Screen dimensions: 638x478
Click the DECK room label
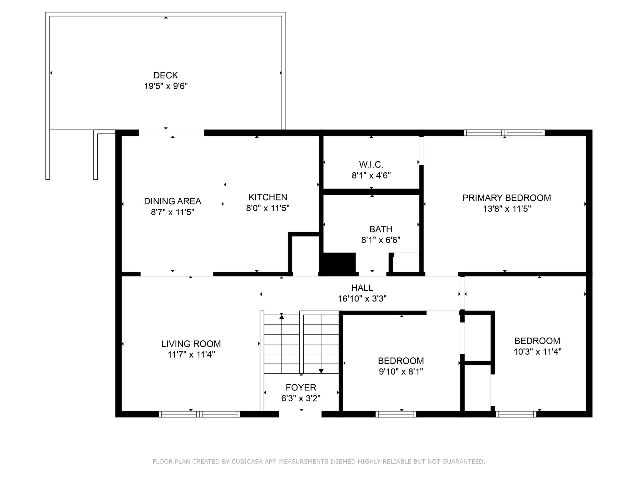point(166,75)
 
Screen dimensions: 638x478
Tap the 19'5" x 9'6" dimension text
point(166,86)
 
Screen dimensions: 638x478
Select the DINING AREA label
point(173,201)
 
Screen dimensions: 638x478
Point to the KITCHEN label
point(268,197)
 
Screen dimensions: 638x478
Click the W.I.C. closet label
point(371,165)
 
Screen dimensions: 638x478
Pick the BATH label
point(381,229)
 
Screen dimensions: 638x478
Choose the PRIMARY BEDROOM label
point(507,198)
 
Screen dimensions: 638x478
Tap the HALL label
point(362,288)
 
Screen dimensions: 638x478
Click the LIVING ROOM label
point(191,344)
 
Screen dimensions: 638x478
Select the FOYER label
point(301,387)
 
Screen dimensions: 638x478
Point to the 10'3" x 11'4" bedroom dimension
point(537,352)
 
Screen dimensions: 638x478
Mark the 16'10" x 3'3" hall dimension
point(362,299)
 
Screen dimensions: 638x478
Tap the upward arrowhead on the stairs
point(282,317)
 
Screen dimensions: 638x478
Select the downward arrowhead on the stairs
point(321,371)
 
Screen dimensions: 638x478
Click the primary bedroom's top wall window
point(504,133)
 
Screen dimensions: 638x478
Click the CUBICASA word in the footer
point(247,462)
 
